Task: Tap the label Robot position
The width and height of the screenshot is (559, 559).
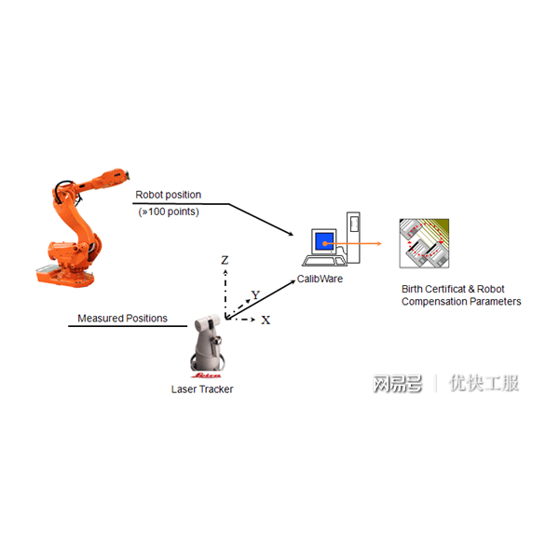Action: click(169, 195)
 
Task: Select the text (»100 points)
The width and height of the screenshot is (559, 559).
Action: click(169, 211)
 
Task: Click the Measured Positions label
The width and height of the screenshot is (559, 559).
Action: click(122, 318)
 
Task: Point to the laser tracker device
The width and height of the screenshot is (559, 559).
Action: click(207, 343)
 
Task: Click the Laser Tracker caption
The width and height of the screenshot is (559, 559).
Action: click(202, 389)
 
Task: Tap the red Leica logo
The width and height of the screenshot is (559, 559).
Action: click(207, 375)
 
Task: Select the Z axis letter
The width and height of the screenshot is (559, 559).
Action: click(225, 260)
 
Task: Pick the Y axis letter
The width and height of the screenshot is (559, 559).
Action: click(255, 294)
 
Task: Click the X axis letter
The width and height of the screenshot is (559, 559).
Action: click(266, 320)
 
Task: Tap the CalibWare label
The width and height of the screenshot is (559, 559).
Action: click(320, 279)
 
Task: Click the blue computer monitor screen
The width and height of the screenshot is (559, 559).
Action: click(324, 242)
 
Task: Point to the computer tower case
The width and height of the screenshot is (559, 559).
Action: click(353, 238)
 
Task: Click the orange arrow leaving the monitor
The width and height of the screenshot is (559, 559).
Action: click(353, 244)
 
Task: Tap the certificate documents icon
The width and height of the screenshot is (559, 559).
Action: click(424, 243)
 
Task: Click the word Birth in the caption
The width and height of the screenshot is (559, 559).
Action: click(412, 289)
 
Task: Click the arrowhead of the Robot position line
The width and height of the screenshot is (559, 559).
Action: click(291, 234)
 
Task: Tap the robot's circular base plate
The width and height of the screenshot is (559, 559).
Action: click(65, 277)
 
